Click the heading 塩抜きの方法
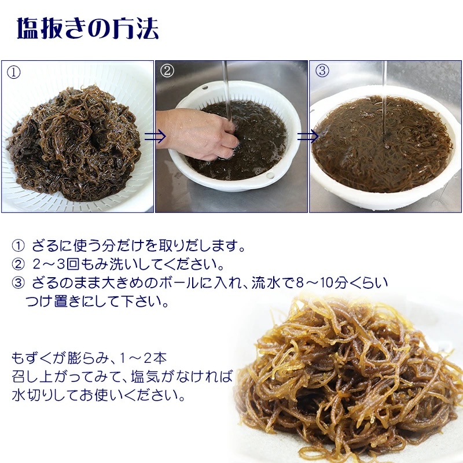(x=88, y=28)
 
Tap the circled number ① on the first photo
(x=13, y=72)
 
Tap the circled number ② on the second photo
(x=167, y=71)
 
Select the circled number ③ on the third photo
(x=322, y=71)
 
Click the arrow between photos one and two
(x=155, y=136)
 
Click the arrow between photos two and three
(x=308, y=137)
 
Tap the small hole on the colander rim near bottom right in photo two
(x=270, y=176)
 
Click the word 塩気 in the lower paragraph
(x=145, y=377)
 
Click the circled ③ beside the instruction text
(x=19, y=283)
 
